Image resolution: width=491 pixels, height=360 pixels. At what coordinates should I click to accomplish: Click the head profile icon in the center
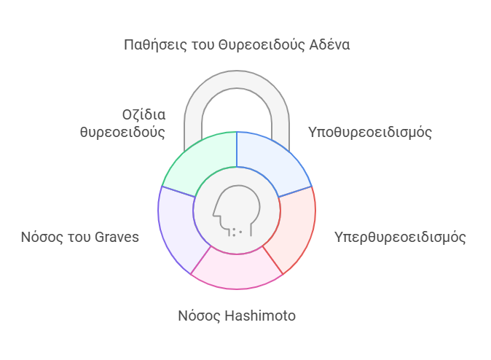click(237, 211)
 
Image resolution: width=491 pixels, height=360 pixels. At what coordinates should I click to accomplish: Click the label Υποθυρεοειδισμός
click(370, 133)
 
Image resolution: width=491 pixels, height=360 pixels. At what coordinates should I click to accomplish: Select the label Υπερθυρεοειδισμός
click(400, 238)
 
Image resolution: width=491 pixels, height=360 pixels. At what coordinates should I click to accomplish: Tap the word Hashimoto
click(260, 316)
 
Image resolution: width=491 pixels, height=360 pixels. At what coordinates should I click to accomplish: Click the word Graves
click(117, 237)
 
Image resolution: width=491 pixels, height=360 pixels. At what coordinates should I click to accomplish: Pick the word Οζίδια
click(144, 115)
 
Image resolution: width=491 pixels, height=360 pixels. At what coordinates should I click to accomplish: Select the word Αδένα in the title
click(329, 44)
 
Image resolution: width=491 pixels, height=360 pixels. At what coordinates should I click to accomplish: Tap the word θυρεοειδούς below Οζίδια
click(122, 132)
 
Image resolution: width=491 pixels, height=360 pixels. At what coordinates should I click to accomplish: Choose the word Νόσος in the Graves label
click(42, 237)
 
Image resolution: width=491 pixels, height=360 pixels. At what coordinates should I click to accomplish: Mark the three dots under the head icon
click(237, 232)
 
